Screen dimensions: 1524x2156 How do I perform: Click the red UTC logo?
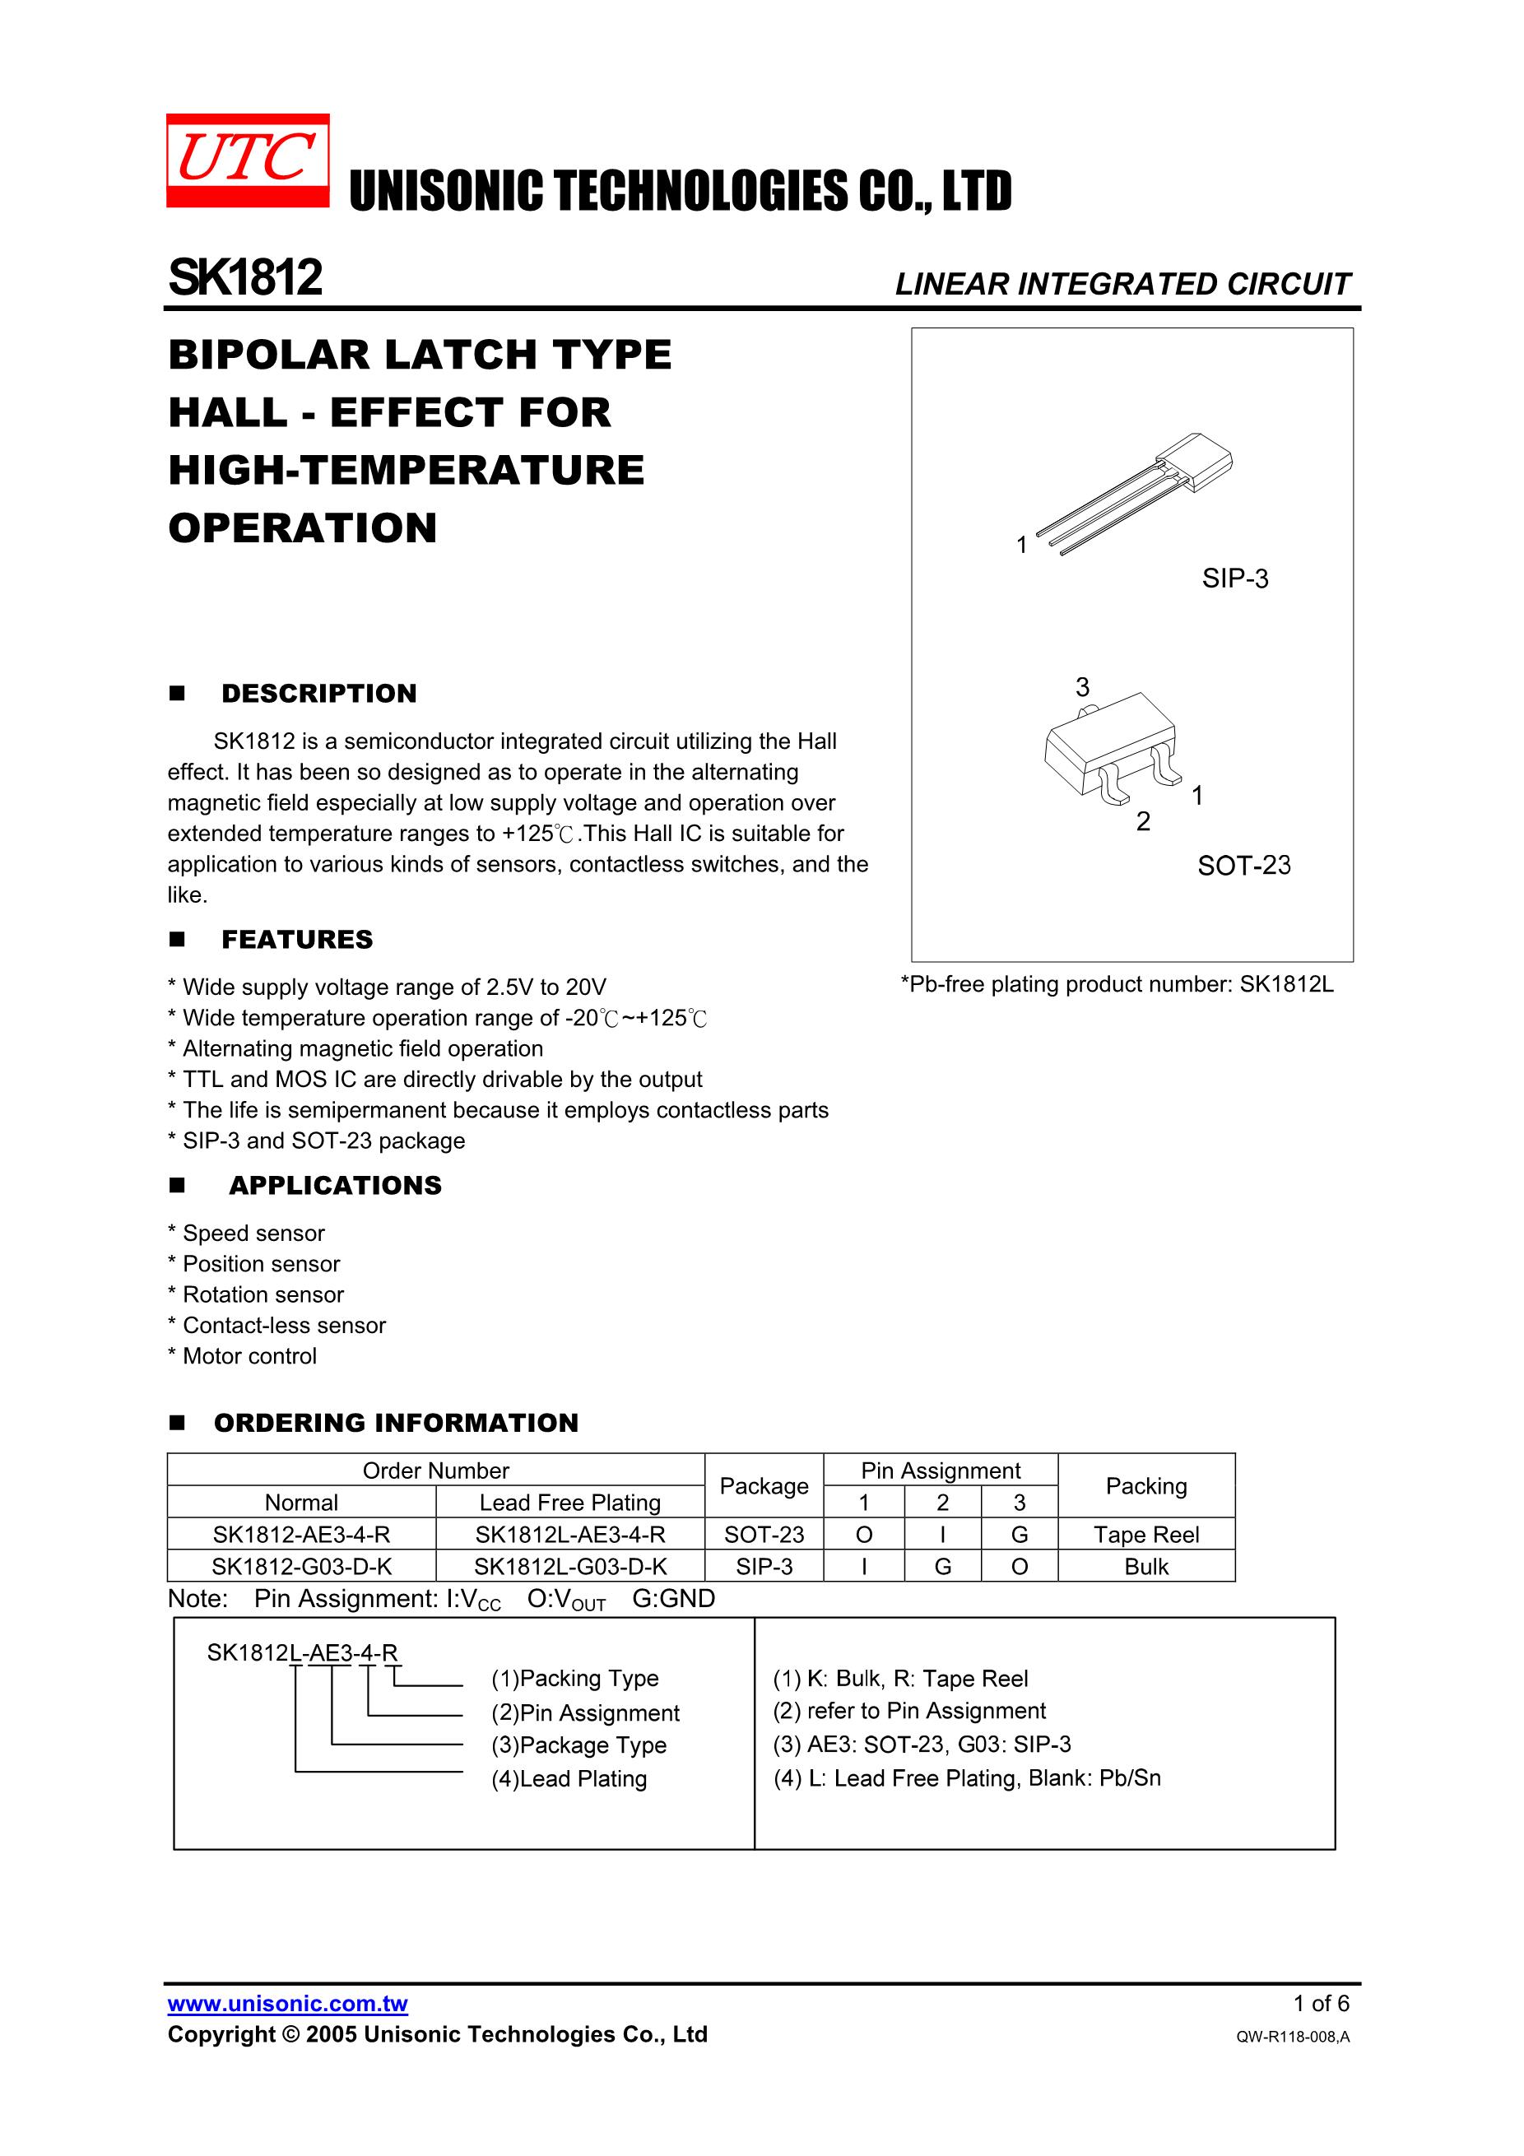[248, 160]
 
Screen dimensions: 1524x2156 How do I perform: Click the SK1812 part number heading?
[245, 278]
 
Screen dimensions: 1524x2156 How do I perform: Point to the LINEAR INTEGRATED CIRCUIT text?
[1122, 284]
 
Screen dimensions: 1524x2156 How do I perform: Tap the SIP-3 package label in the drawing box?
[1235, 578]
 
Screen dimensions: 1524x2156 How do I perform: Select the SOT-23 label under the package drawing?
[1244, 865]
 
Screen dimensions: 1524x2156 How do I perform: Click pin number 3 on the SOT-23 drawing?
[1083, 687]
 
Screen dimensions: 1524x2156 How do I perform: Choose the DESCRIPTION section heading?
[318, 693]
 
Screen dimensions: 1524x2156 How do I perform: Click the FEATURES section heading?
[297, 939]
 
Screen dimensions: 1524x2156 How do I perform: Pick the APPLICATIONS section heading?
[335, 1185]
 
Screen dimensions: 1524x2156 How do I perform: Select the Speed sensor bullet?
[246, 1233]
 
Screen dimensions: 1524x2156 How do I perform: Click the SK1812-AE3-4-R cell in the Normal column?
[301, 1535]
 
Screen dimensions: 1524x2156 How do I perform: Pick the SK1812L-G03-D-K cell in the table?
[570, 1566]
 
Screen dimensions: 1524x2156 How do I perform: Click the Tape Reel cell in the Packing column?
[1146, 1535]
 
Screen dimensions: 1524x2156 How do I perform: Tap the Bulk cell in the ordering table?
[1146, 1566]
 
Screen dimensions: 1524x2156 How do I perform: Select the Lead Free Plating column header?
[570, 1503]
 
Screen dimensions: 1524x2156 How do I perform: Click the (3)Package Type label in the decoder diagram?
[578, 1745]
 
